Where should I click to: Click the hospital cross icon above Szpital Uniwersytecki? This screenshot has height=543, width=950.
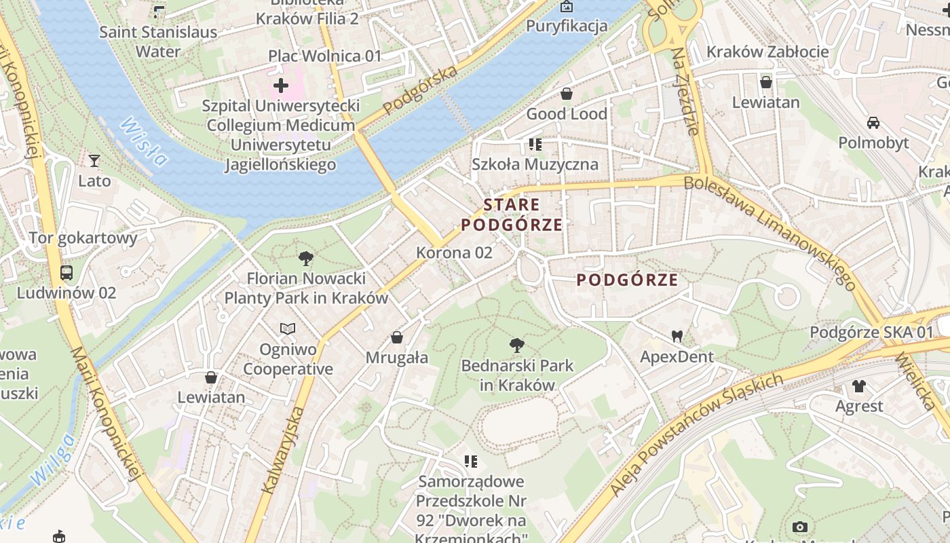pos(281,86)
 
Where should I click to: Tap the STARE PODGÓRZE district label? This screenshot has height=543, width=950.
pos(512,214)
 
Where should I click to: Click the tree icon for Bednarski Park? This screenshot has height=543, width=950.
pos(517,345)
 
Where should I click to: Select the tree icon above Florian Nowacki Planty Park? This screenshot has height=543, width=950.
pos(306,258)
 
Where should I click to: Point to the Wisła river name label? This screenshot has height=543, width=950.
pos(143,141)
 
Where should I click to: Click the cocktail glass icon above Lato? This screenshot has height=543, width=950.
pos(94,161)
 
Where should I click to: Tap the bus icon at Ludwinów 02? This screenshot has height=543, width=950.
pos(66,273)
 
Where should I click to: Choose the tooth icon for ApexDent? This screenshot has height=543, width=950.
pos(677,336)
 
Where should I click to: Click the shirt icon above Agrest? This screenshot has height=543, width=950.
pos(859,386)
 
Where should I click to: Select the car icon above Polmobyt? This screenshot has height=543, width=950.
pos(873,123)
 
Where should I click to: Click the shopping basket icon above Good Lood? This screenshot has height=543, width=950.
pos(567,94)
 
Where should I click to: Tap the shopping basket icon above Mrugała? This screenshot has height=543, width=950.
pos(397,337)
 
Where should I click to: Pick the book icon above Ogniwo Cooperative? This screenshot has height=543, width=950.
pos(288,329)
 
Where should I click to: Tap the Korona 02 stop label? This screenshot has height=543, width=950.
pos(454,252)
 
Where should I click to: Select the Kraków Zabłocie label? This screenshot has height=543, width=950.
pos(767,52)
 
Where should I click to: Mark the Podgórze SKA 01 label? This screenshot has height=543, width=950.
pos(871,333)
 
